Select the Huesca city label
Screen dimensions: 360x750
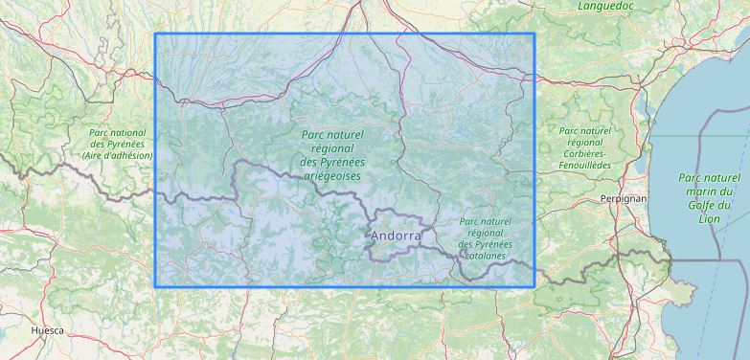tap(47, 330)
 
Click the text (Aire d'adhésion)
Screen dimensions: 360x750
tap(117, 154)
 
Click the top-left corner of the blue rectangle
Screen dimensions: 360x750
tap(155, 34)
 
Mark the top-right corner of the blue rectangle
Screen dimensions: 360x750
tap(534, 34)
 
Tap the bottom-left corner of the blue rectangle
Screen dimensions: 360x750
tap(155, 286)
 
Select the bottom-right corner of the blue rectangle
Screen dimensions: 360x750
tap(534, 286)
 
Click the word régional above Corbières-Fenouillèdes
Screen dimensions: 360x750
tap(584, 142)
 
